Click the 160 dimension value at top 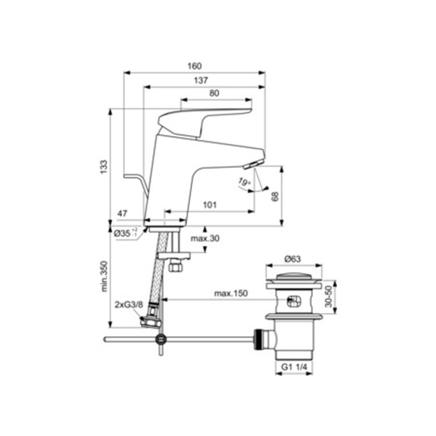point(195,66)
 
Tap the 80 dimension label point(215,93)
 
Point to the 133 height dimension point(104,167)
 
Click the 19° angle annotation point(244,182)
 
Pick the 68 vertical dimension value point(275,196)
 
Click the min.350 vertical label point(104,276)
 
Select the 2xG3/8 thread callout point(128,305)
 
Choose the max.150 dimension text point(230,294)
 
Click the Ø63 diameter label point(292,259)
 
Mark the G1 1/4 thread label point(294,368)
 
